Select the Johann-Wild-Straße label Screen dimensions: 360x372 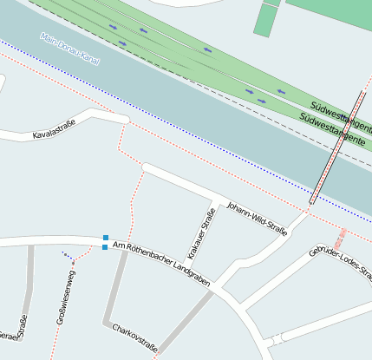(x=257, y=218)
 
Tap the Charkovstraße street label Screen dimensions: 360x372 (x=134, y=338)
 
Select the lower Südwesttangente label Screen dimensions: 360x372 (x=335, y=129)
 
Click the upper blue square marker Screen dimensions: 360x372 (x=105, y=238)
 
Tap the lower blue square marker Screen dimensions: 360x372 (x=105, y=247)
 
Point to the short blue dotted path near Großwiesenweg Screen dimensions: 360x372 (x=68, y=256)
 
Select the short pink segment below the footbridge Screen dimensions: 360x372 (x=342, y=237)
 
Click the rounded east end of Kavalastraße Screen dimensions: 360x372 (x=123, y=119)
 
